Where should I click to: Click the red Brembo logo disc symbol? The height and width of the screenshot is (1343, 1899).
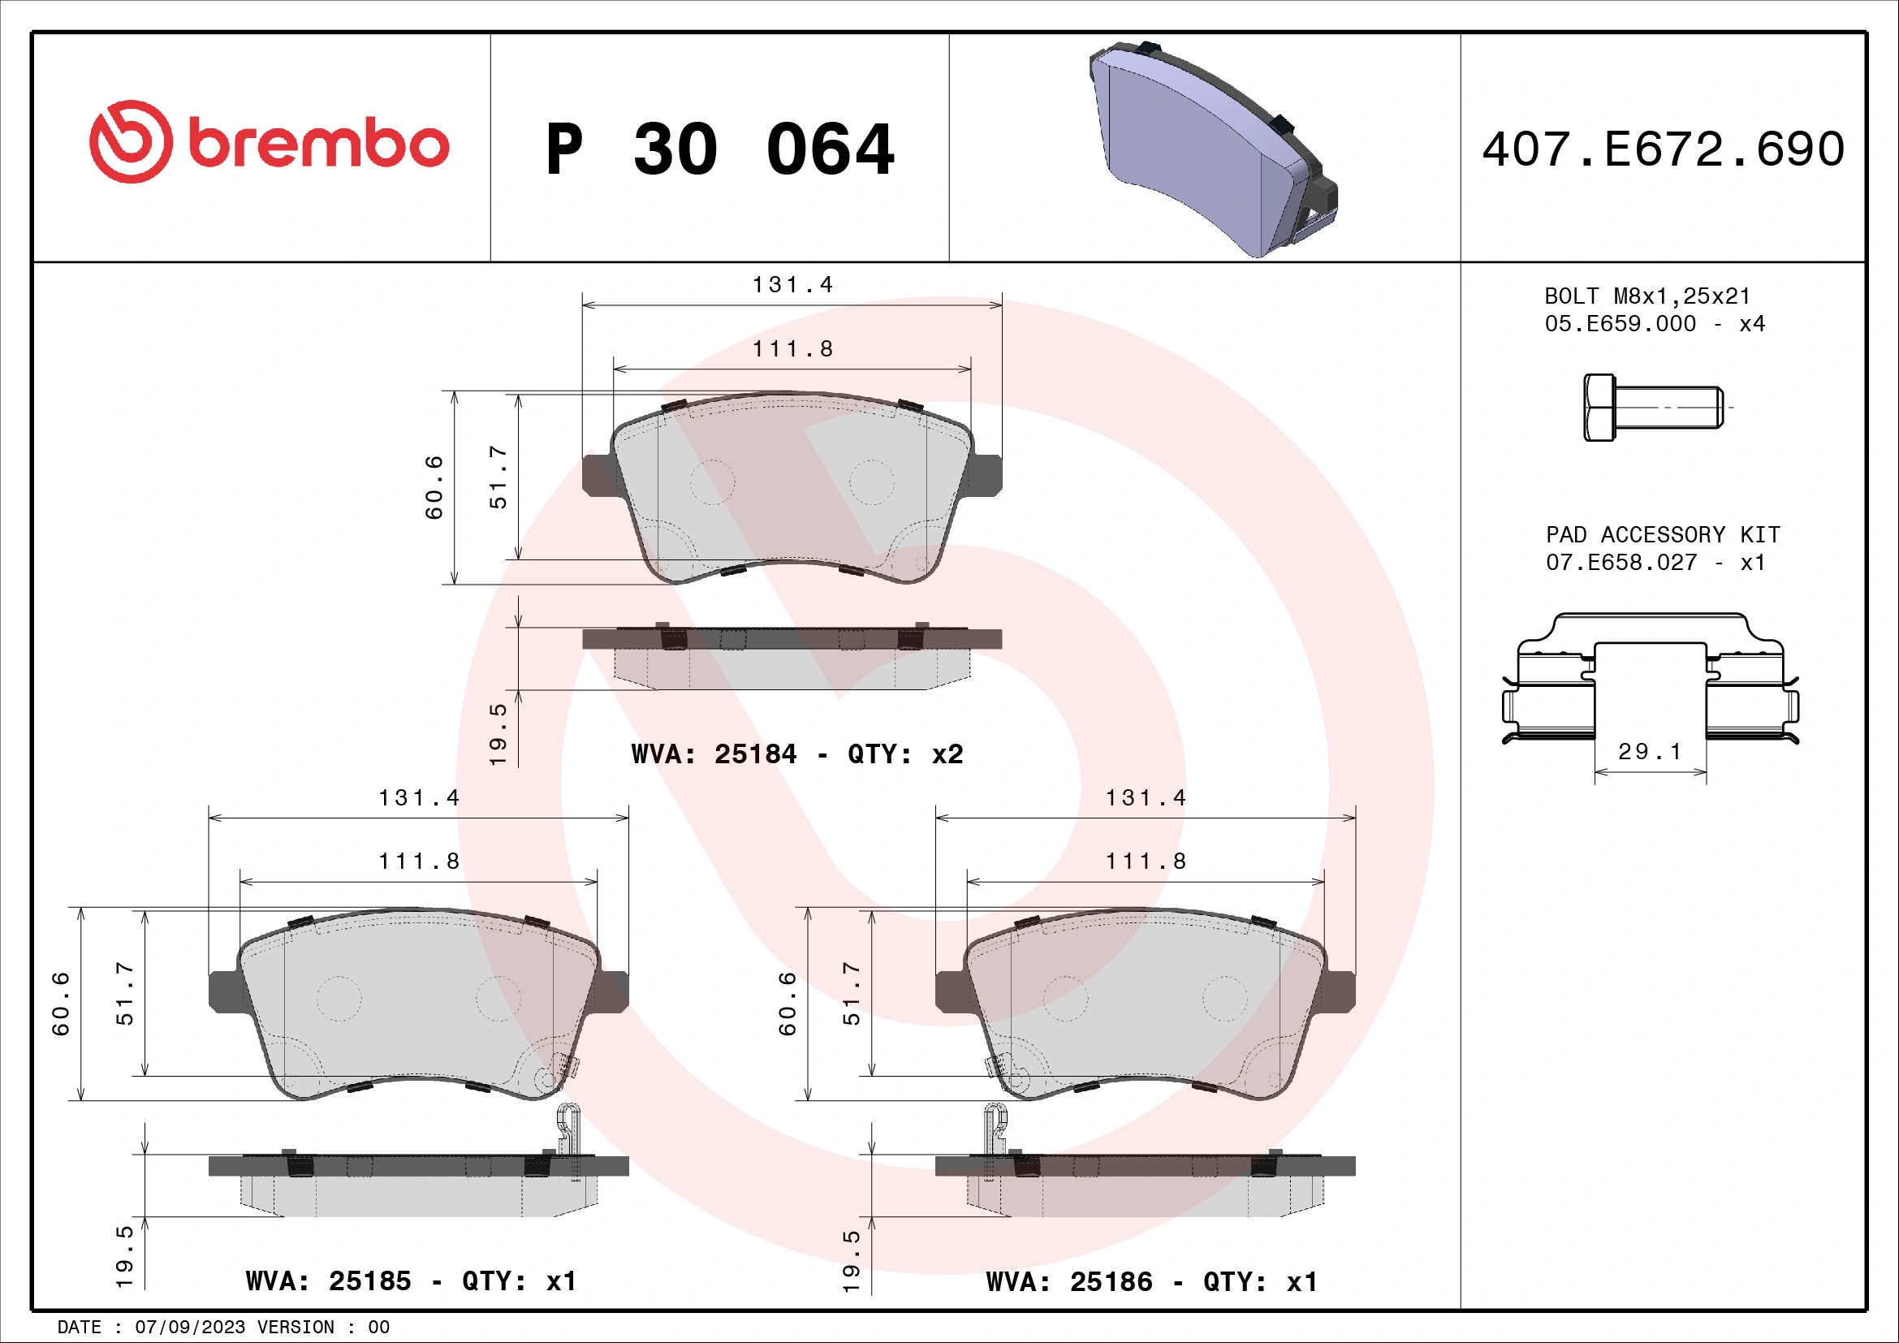click(131, 142)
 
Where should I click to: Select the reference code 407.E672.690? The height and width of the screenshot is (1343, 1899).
click(1663, 149)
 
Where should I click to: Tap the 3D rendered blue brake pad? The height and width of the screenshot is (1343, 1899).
click(1207, 149)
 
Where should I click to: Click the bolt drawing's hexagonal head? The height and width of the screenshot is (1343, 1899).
click(1599, 407)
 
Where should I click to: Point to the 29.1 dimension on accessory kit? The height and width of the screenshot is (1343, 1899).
click(1649, 752)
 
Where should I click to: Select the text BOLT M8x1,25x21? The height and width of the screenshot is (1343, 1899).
click(1647, 296)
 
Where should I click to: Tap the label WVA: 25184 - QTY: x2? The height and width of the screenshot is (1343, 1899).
click(796, 754)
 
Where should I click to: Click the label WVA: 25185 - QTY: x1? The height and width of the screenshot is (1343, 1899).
click(411, 1281)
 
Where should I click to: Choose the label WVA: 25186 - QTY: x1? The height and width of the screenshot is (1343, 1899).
click(1151, 1282)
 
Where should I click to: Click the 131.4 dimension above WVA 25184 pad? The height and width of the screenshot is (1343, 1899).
click(792, 285)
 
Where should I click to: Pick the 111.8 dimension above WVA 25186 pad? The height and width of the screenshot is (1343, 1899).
click(1146, 862)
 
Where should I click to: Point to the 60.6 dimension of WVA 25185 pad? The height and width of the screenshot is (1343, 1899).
click(61, 1003)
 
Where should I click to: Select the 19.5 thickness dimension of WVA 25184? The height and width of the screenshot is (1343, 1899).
click(498, 733)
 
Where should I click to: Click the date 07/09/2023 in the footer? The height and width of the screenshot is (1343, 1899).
click(189, 1328)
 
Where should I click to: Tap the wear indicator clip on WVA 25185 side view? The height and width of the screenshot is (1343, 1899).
click(568, 1129)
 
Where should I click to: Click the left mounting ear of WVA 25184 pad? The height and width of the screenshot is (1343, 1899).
click(598, 475)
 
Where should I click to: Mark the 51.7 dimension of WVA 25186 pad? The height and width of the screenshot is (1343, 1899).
click(851, 993)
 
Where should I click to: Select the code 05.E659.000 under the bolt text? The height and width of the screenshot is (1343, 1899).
click(1620, 324)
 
